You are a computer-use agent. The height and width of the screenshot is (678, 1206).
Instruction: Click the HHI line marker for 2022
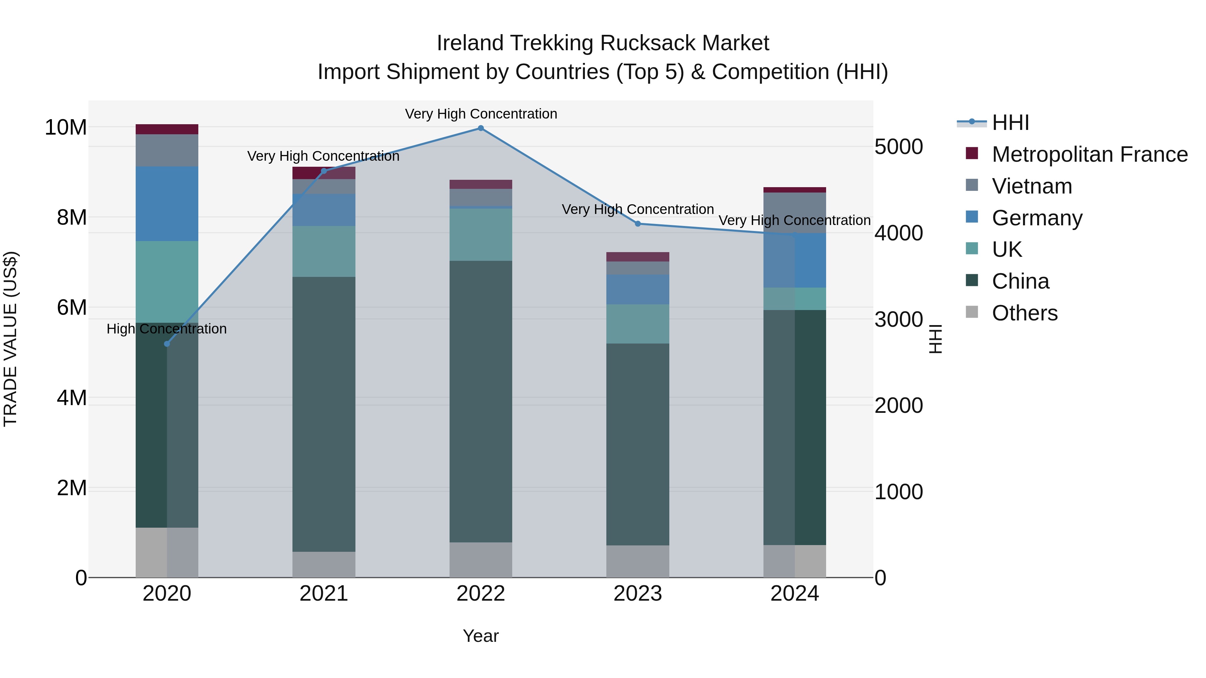[x=480, y=128]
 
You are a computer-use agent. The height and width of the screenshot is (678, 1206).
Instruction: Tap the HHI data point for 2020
[x=167, y=344]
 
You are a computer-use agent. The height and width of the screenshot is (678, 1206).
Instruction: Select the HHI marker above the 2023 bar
[x=638, y=224]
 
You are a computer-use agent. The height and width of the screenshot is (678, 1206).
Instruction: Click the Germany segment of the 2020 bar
[x=167, y=204]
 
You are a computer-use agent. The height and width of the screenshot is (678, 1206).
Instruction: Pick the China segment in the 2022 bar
[x=480, y=401]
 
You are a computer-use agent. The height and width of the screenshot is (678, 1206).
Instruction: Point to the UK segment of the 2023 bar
[x=638, y=324]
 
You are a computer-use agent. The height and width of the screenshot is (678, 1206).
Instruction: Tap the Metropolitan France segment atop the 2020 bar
[x=167, y=129]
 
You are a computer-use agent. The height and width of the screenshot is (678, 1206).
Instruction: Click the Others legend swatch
[x=972, y=312]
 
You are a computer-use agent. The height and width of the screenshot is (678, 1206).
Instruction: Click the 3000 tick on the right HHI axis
[x=898, y=320]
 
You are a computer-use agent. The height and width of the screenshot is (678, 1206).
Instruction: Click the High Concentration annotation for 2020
[x=167, y=329]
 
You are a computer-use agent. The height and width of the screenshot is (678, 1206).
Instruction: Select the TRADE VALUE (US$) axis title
[x=10, y=339]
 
